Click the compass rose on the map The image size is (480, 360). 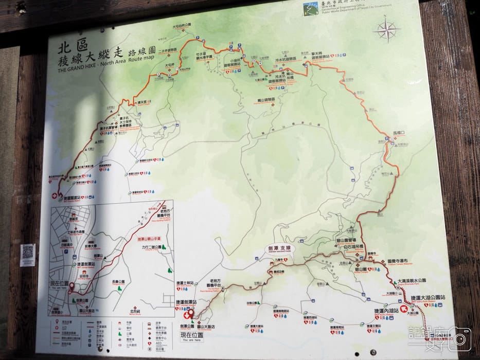click(x=387, y=30)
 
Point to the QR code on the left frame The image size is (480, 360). click(x=28, y=253)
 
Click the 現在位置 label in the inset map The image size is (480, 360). click(x=59, y=283)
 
